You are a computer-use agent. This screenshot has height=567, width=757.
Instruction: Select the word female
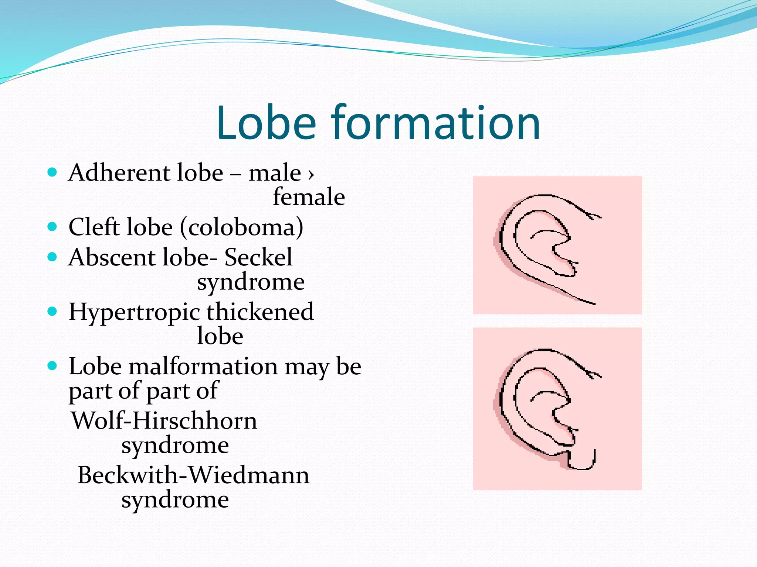click(x=309, y=197)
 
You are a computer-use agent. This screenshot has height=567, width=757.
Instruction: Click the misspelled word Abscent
click(x=111, y=257)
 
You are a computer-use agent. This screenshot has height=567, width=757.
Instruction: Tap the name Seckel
click(x=258, y=257)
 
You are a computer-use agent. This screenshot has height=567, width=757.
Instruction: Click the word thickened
click(x=260, y=312)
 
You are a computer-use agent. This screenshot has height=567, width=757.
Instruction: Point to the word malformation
click(x=203, y=367)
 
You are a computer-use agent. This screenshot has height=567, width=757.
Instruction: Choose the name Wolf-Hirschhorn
click(x=164, y=420)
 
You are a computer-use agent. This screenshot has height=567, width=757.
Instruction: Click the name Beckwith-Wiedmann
click(x=193, y=475)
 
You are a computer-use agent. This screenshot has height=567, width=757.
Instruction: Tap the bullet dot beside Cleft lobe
click(x=52, y=226)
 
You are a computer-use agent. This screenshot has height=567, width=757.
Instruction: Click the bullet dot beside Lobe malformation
click(x=52, y=366)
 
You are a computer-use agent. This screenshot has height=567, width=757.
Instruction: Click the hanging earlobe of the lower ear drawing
click(x=581, y=460)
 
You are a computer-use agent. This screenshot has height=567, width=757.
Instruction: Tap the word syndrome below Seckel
click(x=251, y=282)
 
